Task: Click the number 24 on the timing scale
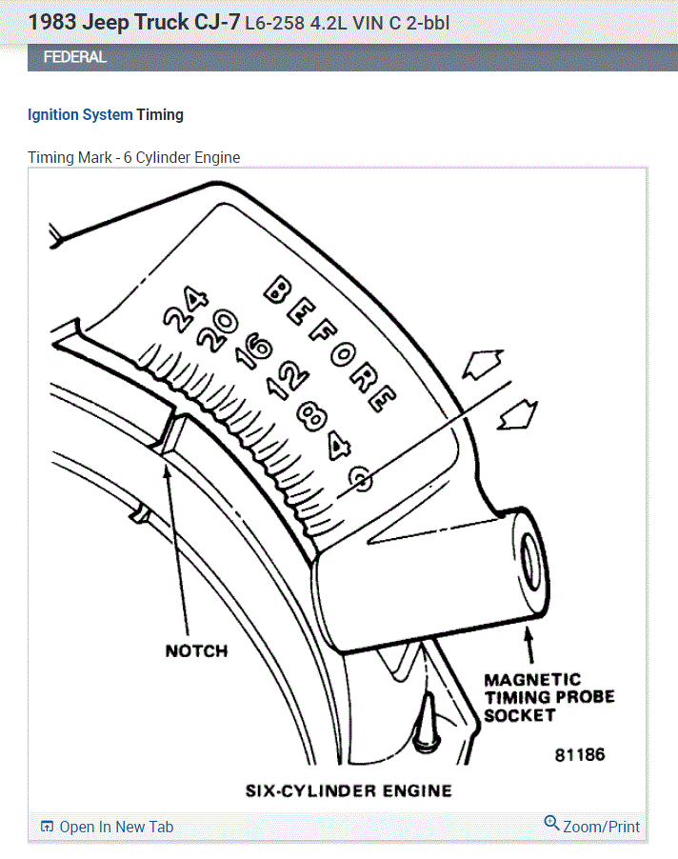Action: click(x=185, y=312)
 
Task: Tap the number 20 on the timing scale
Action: click(x=218, y=331)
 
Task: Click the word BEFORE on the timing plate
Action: click(x=329, y=343)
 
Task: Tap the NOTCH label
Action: click(x=196, y=651)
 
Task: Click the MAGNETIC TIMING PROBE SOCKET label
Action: click(x=548, y=698)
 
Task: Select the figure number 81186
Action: click(x=580, y=755)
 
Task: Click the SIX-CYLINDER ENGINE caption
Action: click(x=349, y=790)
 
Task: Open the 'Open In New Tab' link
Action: click(x=108, y=827)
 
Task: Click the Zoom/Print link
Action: click(x=592, y=826)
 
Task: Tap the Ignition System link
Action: click(x=80, y=115)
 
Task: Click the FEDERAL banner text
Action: click(x=75, y=57)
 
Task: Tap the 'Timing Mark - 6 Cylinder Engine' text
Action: click(x=134, y=157)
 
